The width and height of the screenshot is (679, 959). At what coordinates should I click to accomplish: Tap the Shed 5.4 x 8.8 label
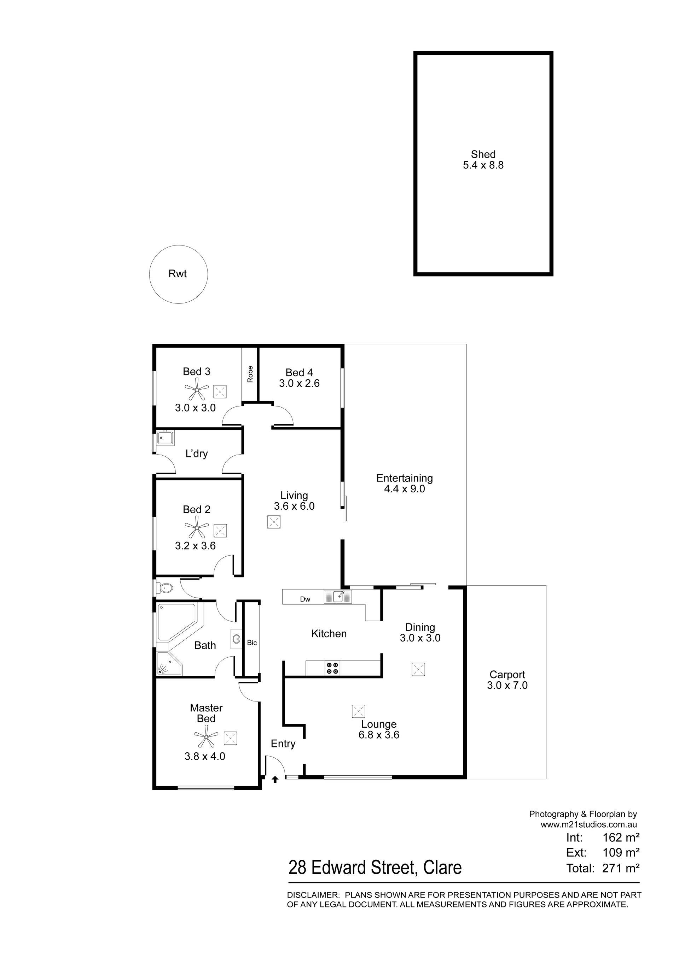[483, 160]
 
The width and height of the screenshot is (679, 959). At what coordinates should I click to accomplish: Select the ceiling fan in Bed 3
[197, 391]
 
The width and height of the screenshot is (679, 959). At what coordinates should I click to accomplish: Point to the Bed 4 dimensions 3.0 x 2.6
[300, 384]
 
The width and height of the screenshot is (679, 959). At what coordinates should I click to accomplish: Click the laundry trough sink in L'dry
[165, 438]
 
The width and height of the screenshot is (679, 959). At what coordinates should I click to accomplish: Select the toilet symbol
[164, 588]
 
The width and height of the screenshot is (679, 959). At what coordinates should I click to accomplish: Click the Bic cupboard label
[252, 643]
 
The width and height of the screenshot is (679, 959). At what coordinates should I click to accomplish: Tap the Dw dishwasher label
[305, 599]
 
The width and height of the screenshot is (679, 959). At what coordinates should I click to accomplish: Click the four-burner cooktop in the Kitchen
[333, 668]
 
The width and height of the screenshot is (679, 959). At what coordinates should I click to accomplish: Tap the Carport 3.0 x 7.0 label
[507, 680]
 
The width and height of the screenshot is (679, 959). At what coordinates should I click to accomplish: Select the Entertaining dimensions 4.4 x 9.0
[404, 489]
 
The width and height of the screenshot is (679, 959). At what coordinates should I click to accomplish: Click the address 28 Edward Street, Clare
[375, 868]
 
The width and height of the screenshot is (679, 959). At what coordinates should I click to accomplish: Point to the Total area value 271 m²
[621, 868]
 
